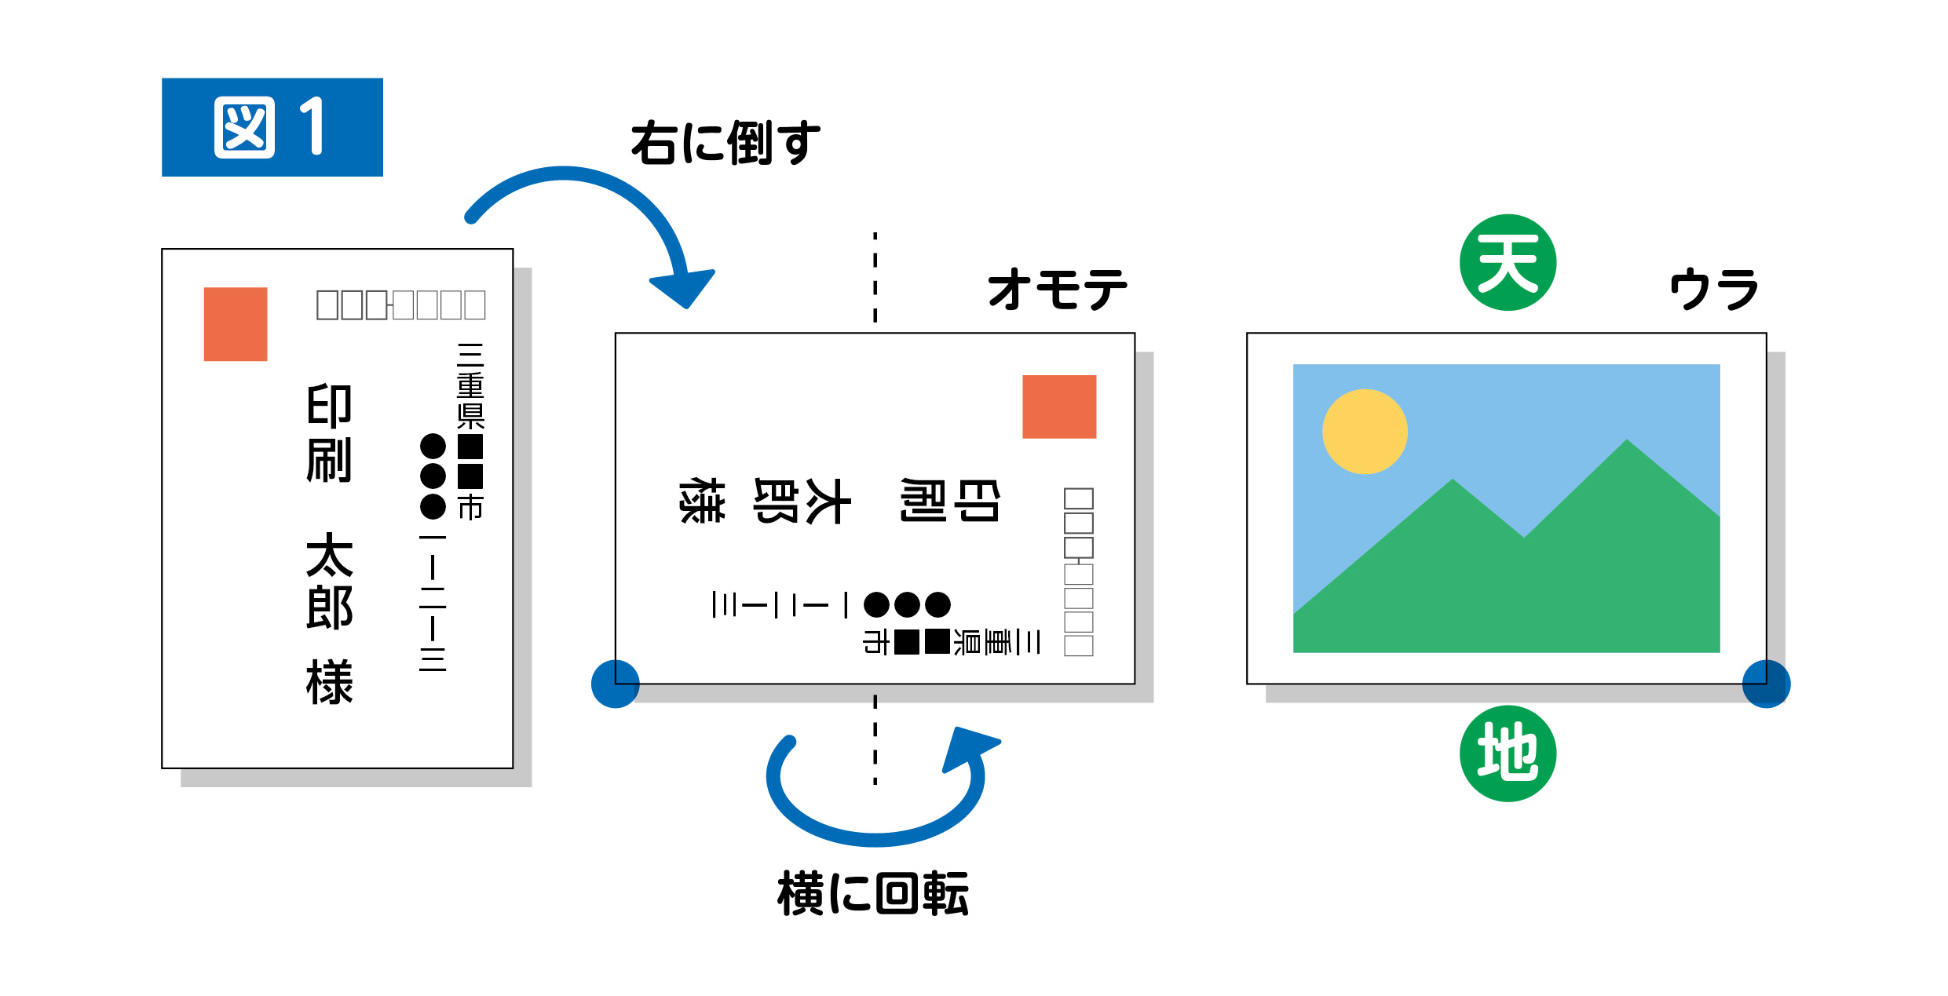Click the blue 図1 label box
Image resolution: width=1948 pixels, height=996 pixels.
point(272,127)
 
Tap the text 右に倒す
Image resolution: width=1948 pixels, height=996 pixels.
point(725,143)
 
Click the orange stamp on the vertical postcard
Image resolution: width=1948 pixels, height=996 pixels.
point(236,324)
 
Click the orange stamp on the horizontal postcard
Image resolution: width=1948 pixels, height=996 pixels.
point(1058,407)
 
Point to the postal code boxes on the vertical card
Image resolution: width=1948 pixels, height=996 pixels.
point(400,305)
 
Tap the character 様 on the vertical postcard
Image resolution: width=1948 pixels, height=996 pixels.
point(329,682)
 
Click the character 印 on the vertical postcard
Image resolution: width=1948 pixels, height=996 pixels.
point(329,406)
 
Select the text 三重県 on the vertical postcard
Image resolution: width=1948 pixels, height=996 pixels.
point(470,386)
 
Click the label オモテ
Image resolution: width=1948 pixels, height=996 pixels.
point(1057,289)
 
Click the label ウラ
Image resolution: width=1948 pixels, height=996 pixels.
point(1713,289)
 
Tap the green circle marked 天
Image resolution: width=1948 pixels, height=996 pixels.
point(1508,263)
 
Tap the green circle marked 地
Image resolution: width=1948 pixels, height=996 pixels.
point(1508,753)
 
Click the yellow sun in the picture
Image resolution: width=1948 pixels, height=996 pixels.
point(1365,432)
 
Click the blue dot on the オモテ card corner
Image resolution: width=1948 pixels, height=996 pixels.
point(615,684)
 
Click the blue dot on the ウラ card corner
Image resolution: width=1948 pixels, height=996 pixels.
point(1766,684)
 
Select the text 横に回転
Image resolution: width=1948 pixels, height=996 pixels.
point(873,893)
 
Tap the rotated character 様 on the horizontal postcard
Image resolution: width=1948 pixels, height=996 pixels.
point(701,501)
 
